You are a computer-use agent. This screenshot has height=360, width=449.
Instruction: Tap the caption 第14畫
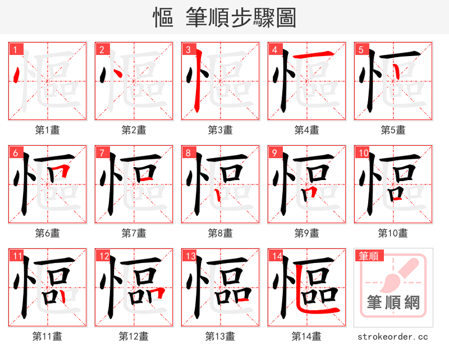[x=306, y=336]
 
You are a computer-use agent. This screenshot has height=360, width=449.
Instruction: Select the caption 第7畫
[x=134, y=233]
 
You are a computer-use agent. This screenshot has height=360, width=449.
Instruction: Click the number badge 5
[x=360, y=50]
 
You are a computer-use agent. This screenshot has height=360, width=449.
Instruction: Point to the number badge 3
[x=187, y=50]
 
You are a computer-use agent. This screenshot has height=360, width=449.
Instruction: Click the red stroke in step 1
[x=16, y=73]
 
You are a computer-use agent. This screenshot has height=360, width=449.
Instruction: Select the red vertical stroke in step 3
[x=196, y=90]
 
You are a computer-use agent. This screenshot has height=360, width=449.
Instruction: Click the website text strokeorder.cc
[x=393, y=337]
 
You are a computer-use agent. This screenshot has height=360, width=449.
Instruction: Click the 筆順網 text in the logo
[x=393, y=303]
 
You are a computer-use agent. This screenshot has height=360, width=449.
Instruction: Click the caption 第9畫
[x=306, y=233]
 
